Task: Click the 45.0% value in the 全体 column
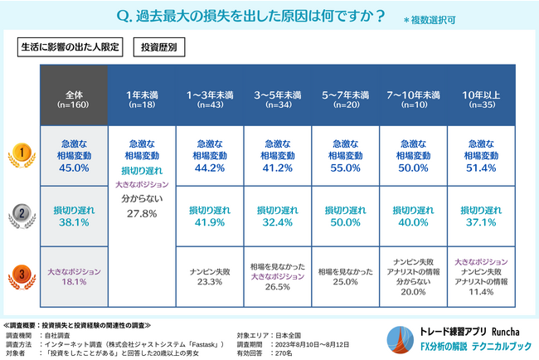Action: pos(74,168)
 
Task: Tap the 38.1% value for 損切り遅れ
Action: pos(74,222)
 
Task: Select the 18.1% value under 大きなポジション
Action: pos(74,282)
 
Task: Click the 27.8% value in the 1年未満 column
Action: pos(142,213)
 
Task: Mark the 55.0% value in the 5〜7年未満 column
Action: pos(345,168)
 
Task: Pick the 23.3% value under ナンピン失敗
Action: pos(210,282)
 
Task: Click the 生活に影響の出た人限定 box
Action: pos(70,46)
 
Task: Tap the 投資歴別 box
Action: pos(158,46)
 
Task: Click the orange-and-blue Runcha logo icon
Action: pos(397,340)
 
